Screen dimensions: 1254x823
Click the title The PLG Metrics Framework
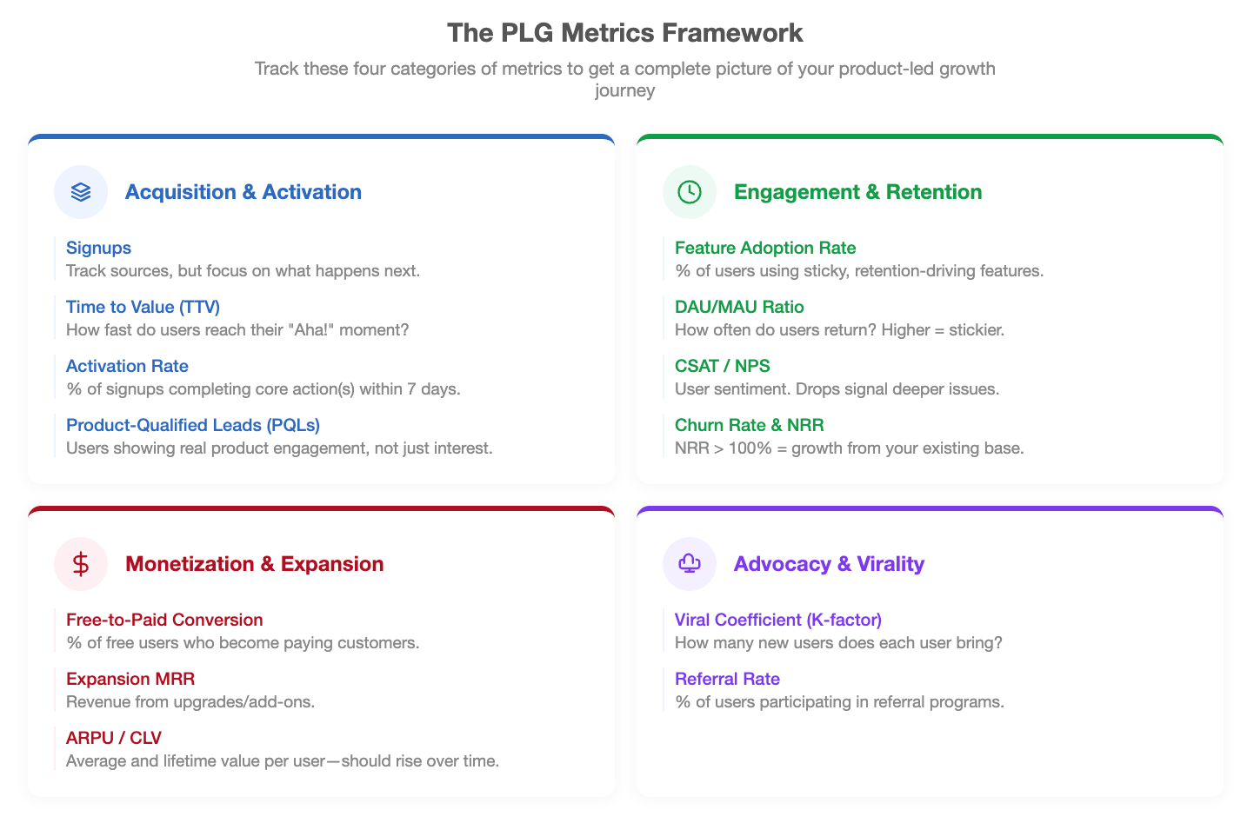pyautogui.click(x=624, y=33)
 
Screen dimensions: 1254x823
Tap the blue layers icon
pyautogui.click(x=81, y=192)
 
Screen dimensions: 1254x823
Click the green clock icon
pyautogui.click(x=689, y=192)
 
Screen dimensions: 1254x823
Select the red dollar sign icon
pyautogui.click(x=81, y=564)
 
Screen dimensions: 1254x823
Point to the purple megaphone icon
pyautogui.click(x=689, y=563)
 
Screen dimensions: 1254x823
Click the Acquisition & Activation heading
pyautogui.click(x=243, y=192)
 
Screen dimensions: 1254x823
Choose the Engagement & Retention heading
pyautogui.click(x=857, y=192)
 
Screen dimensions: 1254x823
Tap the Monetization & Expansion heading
pyautogui.click(x=254, y=564)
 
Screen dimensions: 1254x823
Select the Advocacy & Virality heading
pyautogui.click(x=829, y=564)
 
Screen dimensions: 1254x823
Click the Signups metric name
pyautogui.click(x=98, y=248)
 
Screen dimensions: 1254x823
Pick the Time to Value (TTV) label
pyautogui.click(x=143, y=307)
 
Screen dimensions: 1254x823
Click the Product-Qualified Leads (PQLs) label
pyautogui.click(x=193, y=425)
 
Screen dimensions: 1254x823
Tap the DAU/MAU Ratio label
pyautogui.click(x=739, y=307)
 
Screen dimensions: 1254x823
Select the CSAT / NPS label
pyautogui.click(x=722, y=366)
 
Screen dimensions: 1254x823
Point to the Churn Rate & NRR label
pyautogui.click(x=749, y=425)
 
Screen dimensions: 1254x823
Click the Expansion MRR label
pyautogui.click(x=130, y=679)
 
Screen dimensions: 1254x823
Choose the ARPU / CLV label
pyautogui.click(x=114, y=738)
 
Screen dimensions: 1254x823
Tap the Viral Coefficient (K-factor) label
pyautogui.click(x=778, y=620)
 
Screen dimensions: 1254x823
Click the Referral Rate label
pyautogui.click(x=727, y=679)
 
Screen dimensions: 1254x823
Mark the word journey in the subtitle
pyautogui.click(x=624, y=90)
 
